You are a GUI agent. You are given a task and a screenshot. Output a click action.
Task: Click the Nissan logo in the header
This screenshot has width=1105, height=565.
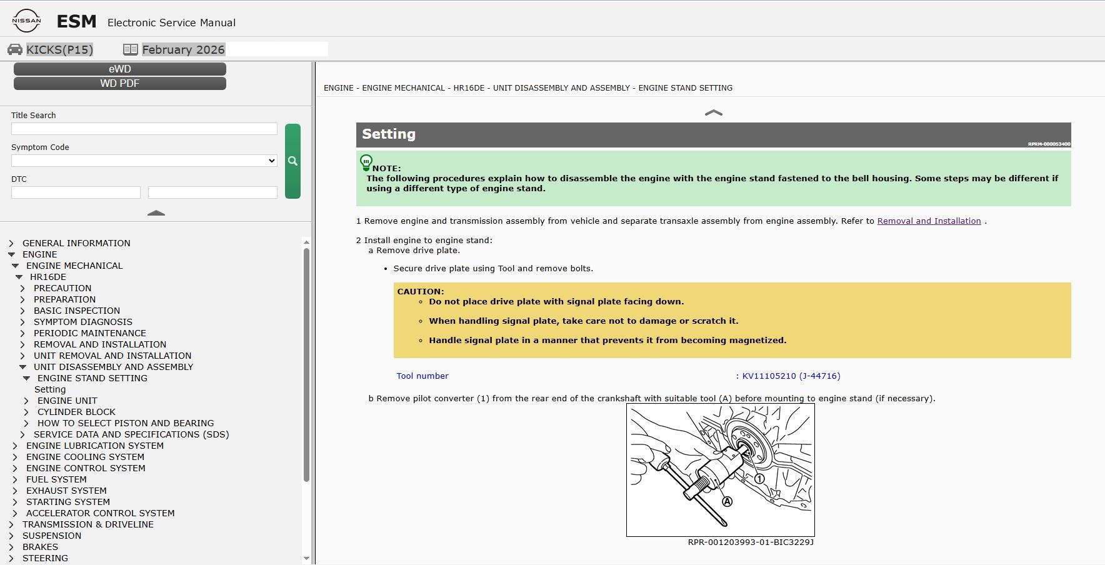(26, 21)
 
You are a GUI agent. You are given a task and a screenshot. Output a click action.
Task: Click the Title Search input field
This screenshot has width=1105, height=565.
(144, 129)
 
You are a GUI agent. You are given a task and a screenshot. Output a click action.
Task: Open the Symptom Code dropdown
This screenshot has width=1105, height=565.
(144, 161)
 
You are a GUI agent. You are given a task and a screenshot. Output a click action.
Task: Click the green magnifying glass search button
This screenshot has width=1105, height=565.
(292, 161)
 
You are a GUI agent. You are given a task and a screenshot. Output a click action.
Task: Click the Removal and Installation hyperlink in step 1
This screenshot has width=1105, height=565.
(929, 221)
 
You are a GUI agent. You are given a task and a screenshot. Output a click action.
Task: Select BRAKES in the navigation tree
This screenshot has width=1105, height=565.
(40, 547)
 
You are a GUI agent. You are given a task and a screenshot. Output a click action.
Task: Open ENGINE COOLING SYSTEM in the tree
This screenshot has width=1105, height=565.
(85, 457)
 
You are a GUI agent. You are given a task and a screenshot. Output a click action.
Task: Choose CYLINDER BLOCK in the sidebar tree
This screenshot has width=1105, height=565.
(76, 412)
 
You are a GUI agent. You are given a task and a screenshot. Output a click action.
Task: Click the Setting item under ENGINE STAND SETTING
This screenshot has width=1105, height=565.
(50, 389)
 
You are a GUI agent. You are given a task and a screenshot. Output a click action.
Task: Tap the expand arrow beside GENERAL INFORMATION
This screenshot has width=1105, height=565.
(11, 243)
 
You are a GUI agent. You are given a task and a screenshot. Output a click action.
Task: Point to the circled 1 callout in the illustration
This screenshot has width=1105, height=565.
(759, 479)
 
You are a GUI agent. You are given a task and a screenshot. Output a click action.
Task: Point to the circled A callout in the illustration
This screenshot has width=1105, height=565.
(727, 501)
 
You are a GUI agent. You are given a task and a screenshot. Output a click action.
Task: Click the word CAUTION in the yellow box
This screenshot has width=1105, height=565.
(419, 291)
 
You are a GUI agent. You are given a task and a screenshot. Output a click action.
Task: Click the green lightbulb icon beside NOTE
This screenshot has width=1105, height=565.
(366, 163)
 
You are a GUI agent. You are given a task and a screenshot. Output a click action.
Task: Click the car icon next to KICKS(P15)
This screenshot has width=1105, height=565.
(15, 49)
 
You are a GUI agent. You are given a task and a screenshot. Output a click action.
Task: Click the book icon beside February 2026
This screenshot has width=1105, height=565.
(131, 49)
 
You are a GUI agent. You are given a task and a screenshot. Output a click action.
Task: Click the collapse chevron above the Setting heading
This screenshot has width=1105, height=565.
(713, 113)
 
